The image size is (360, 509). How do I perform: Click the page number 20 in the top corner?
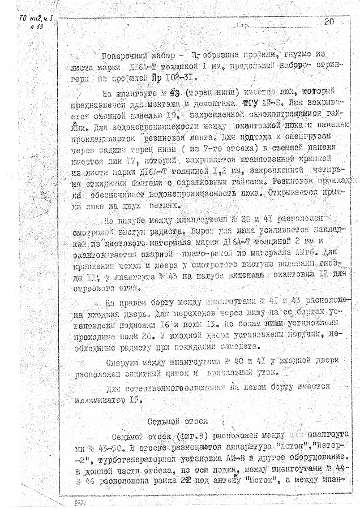[x=329, y=22]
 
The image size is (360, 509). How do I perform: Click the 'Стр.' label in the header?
[x=241, y=26]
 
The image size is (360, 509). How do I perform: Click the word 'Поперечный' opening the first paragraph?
[x=124, y=56]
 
